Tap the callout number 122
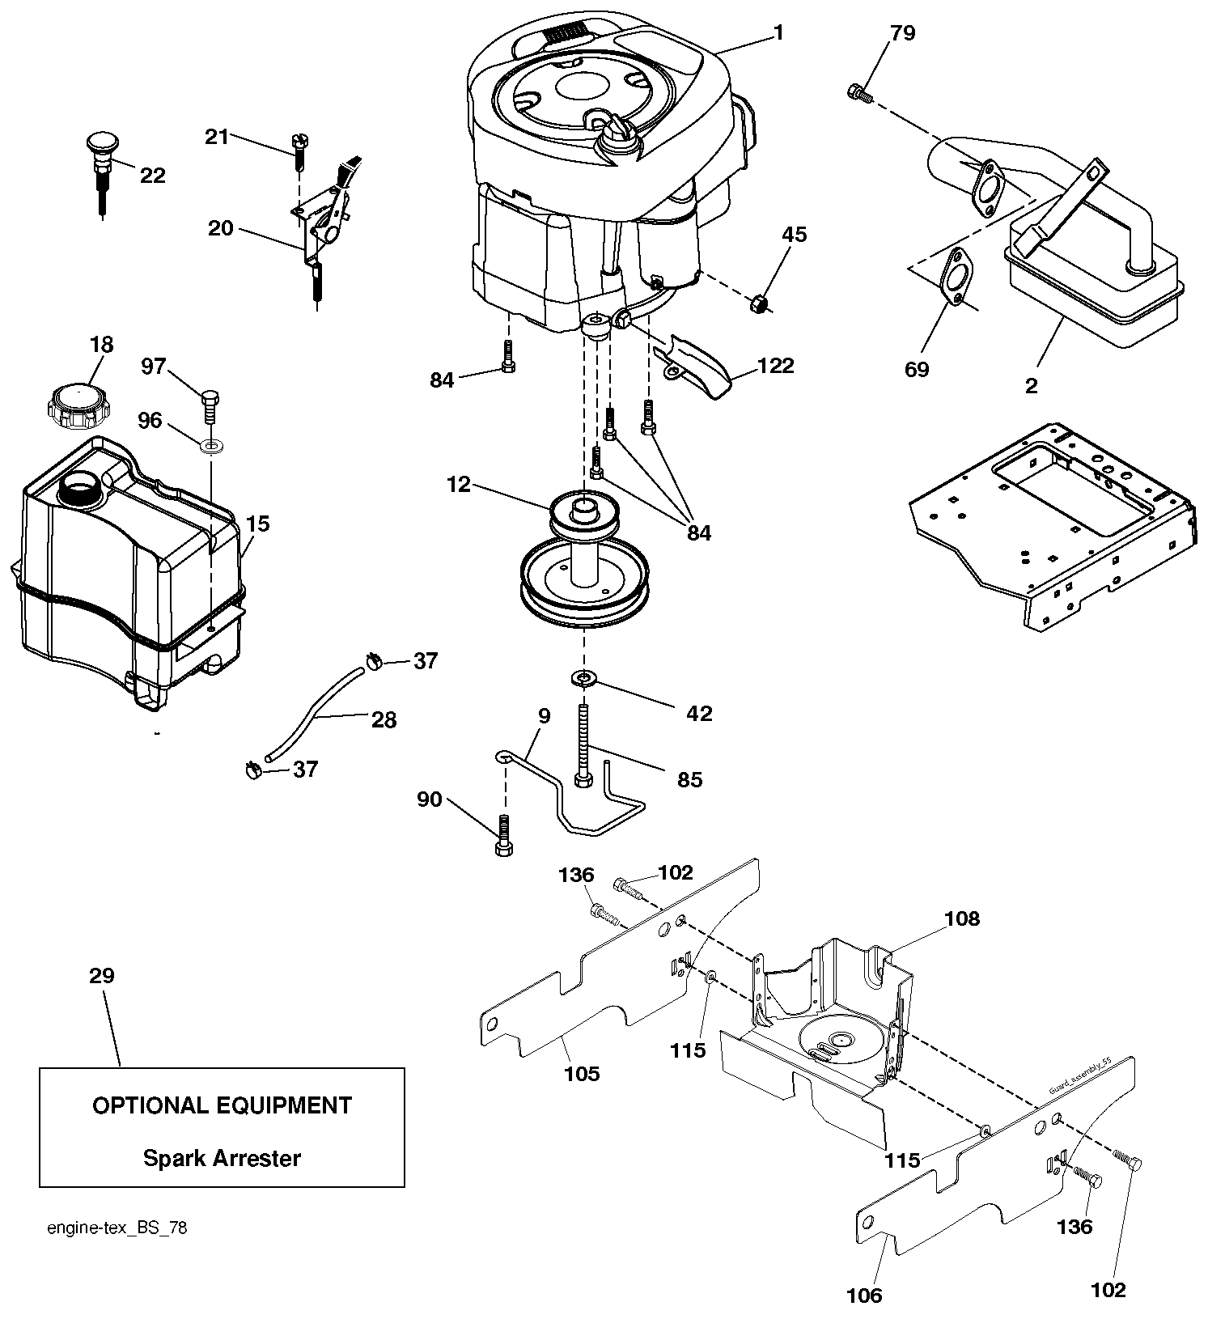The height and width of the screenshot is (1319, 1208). pyautogui.click(x=776, y=366)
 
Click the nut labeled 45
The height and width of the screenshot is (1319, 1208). pyautogui.click(x=760, y=303)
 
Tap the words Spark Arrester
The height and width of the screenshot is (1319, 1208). pyautogui.click(x=222, y=1158)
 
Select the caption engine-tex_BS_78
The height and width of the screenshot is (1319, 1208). pyautogui.click(x=117, y=1228)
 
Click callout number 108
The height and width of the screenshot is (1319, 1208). pyautogui.click(x=961, y=918)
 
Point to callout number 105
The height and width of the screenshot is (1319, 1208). pyautogui.click(x=582, y=1073)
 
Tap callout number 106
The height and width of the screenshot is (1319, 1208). pyautogui.click(x=863, y=1296)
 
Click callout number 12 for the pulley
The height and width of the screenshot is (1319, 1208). pyautogui.click(x=458, y=485)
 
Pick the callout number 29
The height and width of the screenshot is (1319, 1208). pyautogui.click(x=102, y=976)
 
